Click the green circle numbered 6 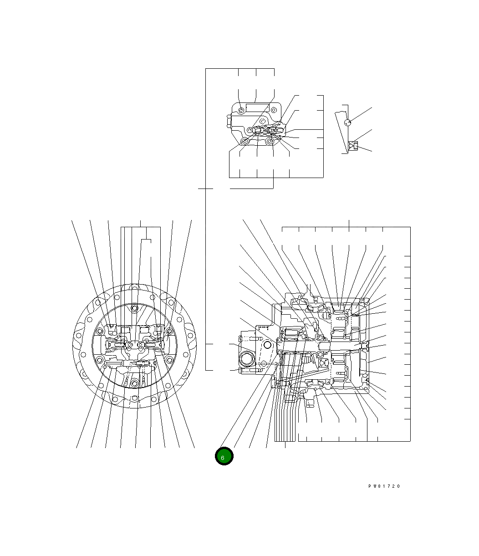224,456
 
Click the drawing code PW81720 384,486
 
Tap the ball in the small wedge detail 347,122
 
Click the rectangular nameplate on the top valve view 257,107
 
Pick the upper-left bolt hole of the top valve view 241,110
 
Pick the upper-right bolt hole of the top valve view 274,110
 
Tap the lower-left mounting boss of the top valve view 245,141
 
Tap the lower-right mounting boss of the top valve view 269,141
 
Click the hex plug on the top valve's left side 229,121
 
